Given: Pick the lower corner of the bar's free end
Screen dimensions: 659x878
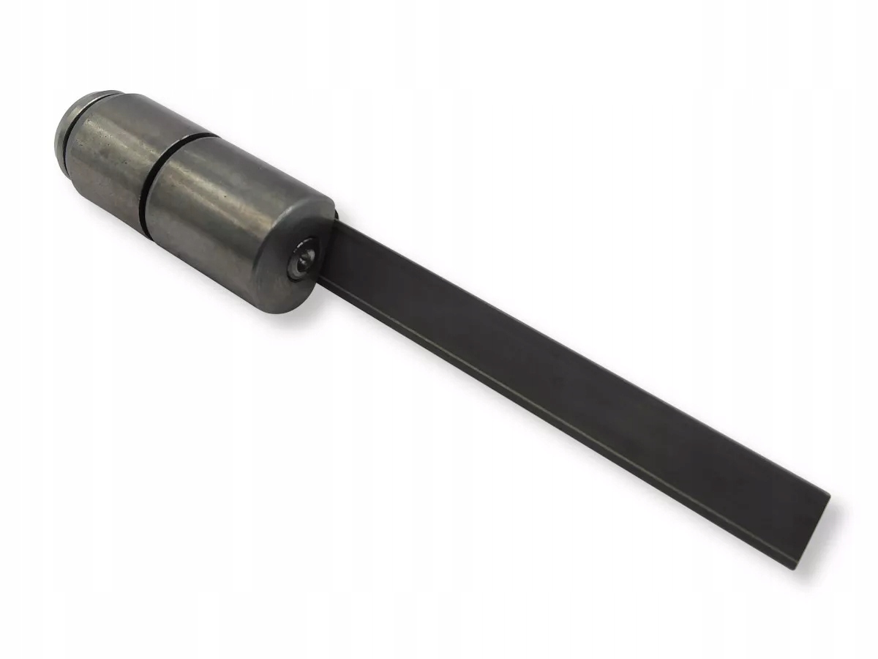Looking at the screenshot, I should pos(795,566).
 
